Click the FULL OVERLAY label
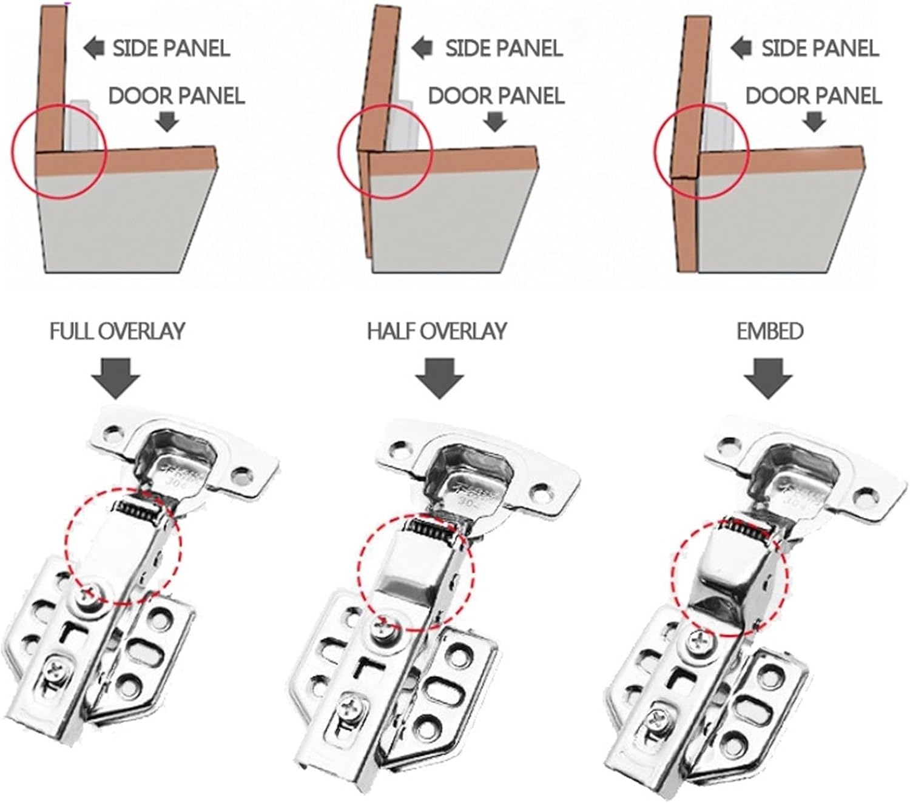[x=116, y=331]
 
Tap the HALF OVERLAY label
[x=436, y=331]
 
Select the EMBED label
[x=770, y=331]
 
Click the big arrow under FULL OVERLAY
[x=116, y=377]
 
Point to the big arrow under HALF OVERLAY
[x=439, y=377]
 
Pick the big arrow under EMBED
[x=768, y=377]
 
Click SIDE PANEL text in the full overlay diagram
[x=171, y=49]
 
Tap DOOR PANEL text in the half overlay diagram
[x=496, y=96]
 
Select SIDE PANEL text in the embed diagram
[x=820, y=49]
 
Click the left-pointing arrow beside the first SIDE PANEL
[x=94, y=49]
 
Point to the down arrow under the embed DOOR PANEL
[x=814, y=123]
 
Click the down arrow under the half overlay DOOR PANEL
[x=496, y=123]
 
